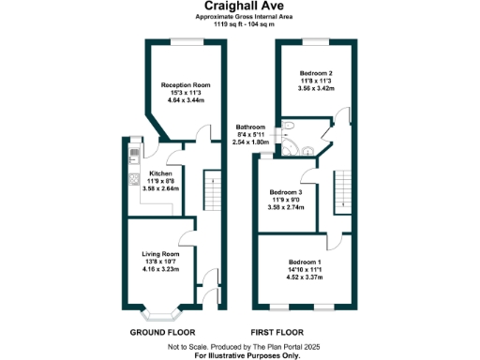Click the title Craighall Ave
239,8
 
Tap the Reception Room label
182,84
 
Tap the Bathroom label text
250,127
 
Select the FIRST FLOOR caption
279,332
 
